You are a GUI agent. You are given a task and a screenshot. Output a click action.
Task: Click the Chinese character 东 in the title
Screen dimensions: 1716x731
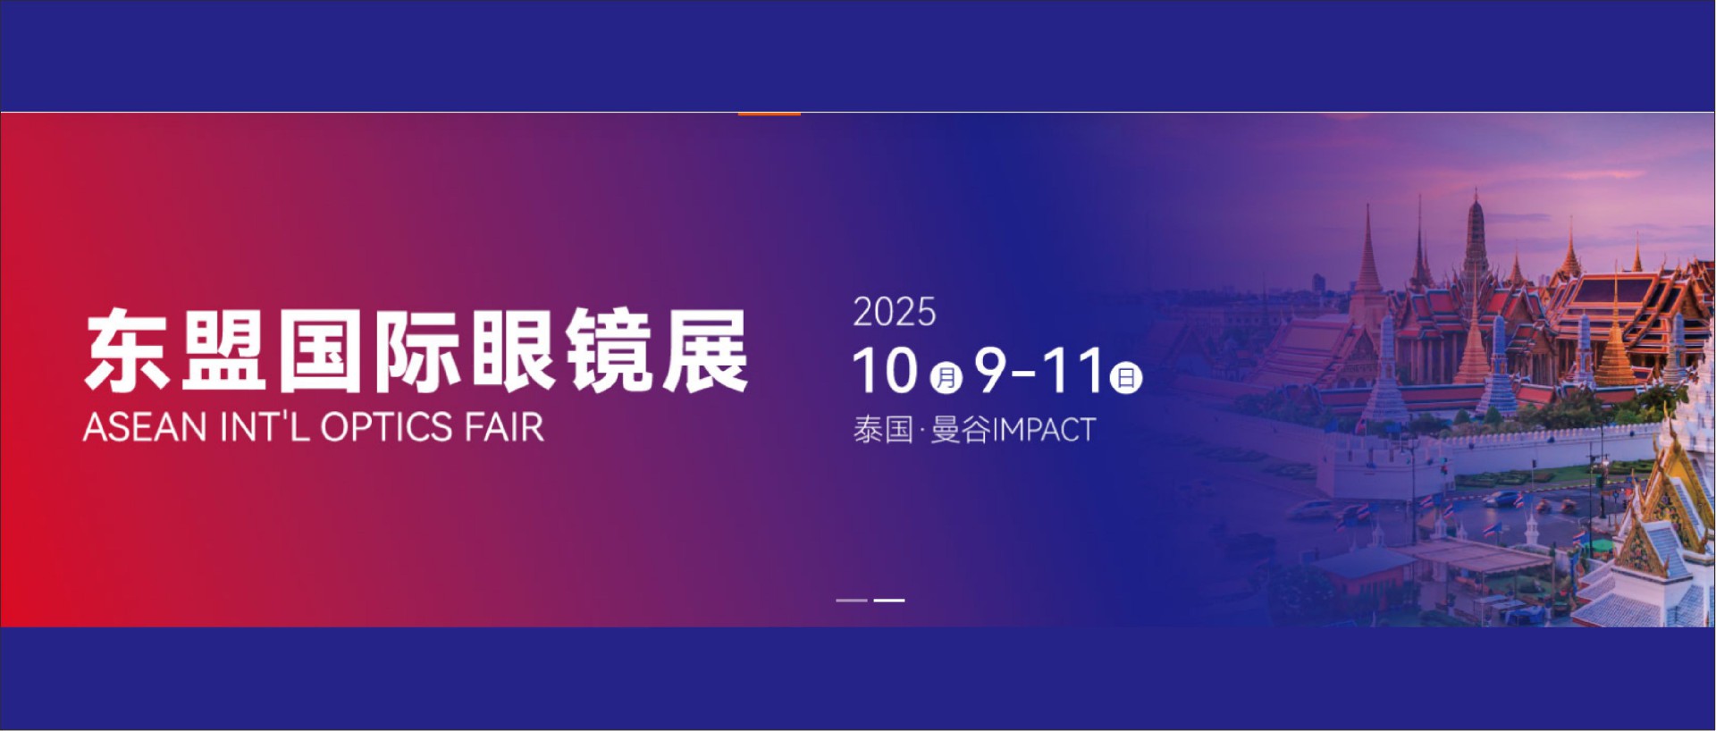(x=127, y=350)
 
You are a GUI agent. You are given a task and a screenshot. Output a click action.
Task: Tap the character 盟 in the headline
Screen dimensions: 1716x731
(x=223, y=350)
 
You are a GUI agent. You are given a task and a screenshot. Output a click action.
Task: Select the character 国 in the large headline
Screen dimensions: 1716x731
(x=320, y=350)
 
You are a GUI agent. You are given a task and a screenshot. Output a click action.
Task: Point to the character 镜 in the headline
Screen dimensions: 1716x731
(x=610, y=350)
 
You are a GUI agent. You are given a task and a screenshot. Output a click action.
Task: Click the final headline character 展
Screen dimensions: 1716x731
(x=705, y=350)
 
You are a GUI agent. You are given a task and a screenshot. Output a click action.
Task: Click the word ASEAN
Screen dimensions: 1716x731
(x=145, y=427)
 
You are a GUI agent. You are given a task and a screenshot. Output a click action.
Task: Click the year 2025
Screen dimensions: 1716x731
(x=894, y=313)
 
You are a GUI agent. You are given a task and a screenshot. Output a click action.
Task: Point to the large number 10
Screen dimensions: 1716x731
(x=885, y=371)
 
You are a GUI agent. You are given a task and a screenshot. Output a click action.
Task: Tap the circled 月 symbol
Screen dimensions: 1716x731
(x=946, y=378)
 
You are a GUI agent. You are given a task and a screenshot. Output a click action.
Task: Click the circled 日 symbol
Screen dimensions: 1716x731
(x=1125, y=378)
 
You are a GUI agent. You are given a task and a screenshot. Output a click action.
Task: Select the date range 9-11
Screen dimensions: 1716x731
(x=1039, y=371)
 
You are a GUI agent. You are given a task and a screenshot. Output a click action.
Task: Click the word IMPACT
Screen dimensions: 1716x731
(x=1045, y=430)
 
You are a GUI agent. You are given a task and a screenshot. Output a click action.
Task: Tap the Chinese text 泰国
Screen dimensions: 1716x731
(x=883, y=430)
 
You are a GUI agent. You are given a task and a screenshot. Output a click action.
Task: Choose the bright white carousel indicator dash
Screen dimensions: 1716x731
(x=888, y=601)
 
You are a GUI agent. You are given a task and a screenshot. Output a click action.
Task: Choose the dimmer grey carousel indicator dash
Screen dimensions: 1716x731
(x=852, y=601)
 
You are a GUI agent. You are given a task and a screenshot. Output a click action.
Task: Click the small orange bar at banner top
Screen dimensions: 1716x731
(x=769, y=113)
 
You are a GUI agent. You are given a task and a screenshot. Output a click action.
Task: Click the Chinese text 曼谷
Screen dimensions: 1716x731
(x=962, y=430)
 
